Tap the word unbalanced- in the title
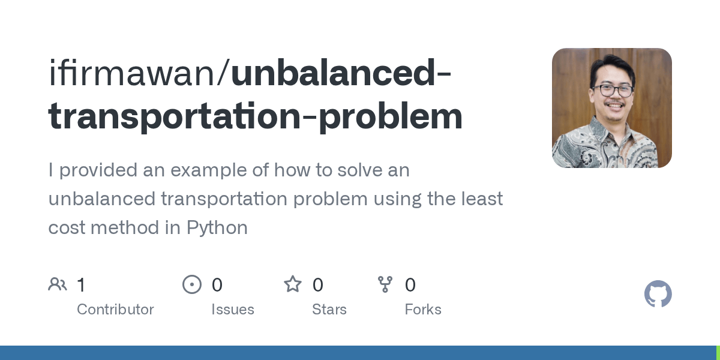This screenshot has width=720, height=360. coord(341,73)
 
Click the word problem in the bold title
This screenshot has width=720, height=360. coord(391,116)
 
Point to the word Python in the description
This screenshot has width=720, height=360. coord(217,228)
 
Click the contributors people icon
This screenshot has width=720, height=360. coord(58,284)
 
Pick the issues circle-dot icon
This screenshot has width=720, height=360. coord(192,284)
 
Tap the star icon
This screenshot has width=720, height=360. coord(293,284)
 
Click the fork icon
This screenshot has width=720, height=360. coord(385,284)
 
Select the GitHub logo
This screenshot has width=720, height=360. coord(658,294)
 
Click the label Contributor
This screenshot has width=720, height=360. coord(115,310)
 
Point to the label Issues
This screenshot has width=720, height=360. coord(233,310)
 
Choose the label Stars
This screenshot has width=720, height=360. coord(329,310)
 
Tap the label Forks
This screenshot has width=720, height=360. coord(423,310)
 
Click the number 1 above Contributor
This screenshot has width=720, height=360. coord(81,285)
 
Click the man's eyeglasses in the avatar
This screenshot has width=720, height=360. coord(613,91)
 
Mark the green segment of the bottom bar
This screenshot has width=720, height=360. coord(718,353)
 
